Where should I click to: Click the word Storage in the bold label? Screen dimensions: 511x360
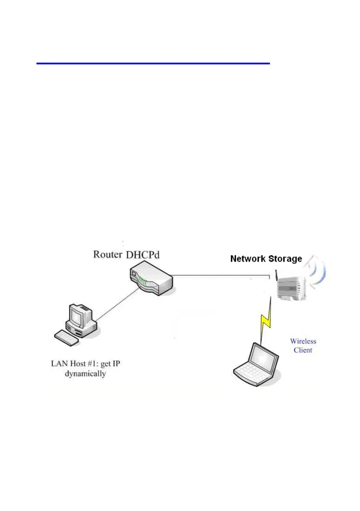285,259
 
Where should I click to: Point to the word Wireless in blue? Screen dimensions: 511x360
303,342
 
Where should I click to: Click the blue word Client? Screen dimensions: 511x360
303,350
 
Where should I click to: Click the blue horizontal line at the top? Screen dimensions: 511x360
153,63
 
